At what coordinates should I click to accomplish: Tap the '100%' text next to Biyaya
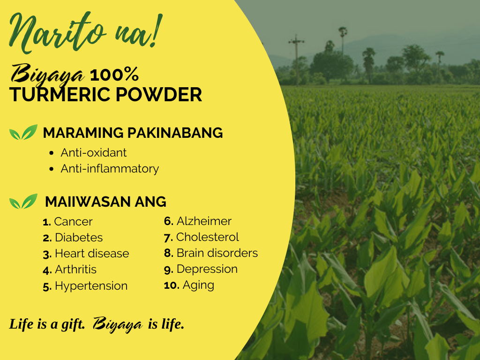[x=114, y=75]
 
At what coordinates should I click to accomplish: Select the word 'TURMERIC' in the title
[x=60, y=94]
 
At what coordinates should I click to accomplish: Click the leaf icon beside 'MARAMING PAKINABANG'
[x=23, y=132]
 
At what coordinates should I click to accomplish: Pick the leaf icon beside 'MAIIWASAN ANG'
[x=23, y=202]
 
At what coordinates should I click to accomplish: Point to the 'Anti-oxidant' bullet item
[x=93, y=152]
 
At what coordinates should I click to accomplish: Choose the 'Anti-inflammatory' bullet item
[x=110, y=169]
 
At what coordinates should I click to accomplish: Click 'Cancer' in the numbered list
[x=73, y=222]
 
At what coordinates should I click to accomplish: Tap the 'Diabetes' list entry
[x=79, y=238]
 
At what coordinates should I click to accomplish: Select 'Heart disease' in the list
[x=92, y=254]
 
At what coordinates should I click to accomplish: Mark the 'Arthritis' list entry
[x=75, y=270]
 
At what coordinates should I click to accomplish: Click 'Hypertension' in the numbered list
[x=91, y=286]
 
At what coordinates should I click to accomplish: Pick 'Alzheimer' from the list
[x=204, y=221]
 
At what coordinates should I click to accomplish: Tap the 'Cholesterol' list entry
[x=208, y=237]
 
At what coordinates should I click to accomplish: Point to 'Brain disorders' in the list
[x=217, y=253]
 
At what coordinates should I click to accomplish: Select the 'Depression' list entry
[x=207, y=269]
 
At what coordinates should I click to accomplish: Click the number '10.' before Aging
[x=172, y=285]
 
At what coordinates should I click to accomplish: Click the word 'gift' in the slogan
[x=73, y=324]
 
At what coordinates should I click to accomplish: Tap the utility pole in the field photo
[x=296, y=60]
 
